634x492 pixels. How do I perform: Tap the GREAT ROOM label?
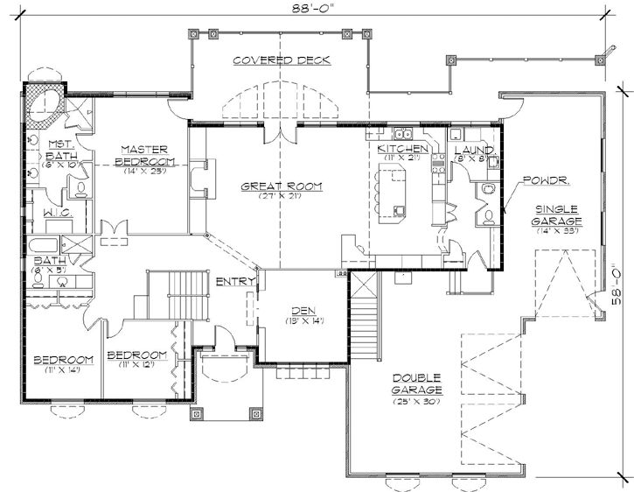click(281, 186)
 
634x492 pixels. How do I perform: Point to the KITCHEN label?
click(402, 150)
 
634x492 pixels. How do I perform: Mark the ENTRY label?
click(236, 281)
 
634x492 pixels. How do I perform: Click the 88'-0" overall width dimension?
click(317, 10)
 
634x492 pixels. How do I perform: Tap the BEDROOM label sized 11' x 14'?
click(63, 361)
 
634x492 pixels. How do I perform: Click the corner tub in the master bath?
click(44, 101)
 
